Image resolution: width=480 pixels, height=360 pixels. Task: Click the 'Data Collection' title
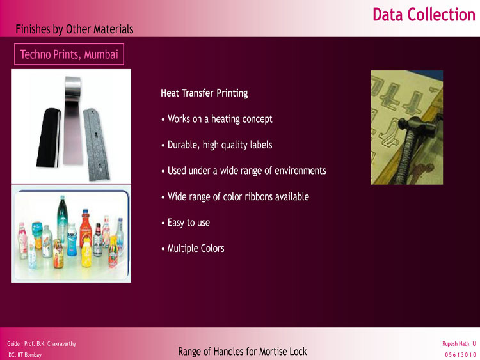[x=424, y=15]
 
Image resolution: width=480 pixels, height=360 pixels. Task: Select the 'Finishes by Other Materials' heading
[x=74, y=29]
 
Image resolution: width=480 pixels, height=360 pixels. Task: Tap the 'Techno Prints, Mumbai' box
[x=69, y=54]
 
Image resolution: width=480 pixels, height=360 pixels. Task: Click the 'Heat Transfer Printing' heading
[x=204, y=93]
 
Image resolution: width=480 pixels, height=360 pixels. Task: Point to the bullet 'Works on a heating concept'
[x=217, y=119]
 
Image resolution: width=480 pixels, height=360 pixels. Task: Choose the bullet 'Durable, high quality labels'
[x=217, y=145]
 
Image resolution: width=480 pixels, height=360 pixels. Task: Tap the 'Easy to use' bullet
[x=186, y=223]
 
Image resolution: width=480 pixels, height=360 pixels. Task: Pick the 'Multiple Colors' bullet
[x=193, y=248]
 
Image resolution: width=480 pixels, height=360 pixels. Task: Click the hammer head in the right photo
[x=417, y=126]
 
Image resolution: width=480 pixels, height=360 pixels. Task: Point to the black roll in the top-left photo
[x=48, y=137]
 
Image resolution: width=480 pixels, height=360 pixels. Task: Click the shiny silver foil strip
[x=73, y=120]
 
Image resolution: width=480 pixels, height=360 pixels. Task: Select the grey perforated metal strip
[x=96, y=144]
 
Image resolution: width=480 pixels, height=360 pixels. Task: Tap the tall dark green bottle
[x=62, y=219]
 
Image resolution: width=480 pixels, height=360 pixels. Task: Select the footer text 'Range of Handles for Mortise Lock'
[x=243, y=352]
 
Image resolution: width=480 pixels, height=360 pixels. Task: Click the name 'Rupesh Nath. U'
[x=459, y=344]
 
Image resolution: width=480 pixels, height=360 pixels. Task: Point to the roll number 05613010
[x=460, y=355]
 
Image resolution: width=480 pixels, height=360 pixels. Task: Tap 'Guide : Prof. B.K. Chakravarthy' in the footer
[x=42, y=344]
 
